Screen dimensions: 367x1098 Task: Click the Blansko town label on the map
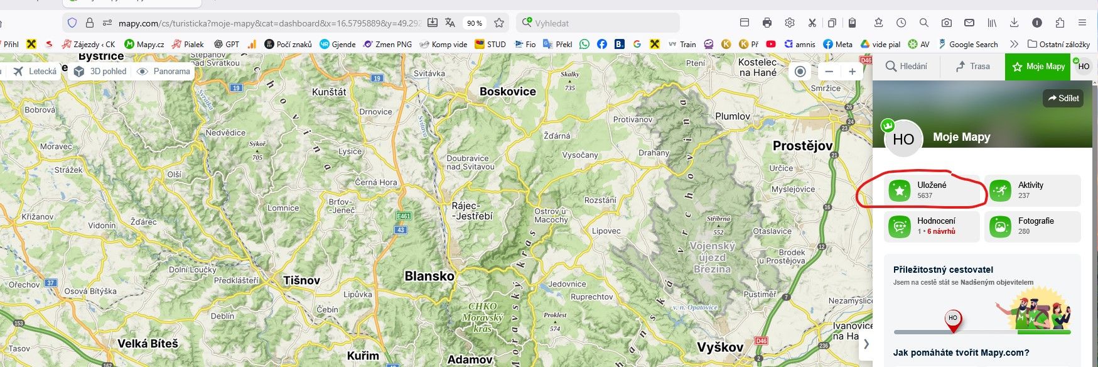click(429, 276)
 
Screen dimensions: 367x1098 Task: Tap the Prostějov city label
click(802, 146)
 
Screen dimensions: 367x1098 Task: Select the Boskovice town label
click(507, 92)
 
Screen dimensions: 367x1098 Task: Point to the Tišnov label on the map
click(301, 280)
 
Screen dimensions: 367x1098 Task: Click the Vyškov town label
click(720, 347)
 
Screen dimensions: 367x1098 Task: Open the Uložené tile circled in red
click(932, 190)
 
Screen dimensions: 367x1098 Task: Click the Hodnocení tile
click(932, 226)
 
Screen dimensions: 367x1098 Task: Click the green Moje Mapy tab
click(1039, 66)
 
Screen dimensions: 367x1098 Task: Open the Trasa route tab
click(972, 66)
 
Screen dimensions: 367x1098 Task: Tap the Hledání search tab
click(906, 66)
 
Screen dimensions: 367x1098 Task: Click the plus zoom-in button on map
click(852, 72)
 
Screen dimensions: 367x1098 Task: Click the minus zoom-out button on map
click(829, 72)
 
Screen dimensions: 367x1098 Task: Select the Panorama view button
click(164, 72)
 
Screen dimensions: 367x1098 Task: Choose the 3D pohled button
click(100, 72)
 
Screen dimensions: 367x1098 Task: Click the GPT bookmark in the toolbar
click(227, 44)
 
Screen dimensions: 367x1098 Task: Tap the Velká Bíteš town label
click(148, 343)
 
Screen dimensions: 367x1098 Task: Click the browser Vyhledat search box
click(600, 23)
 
